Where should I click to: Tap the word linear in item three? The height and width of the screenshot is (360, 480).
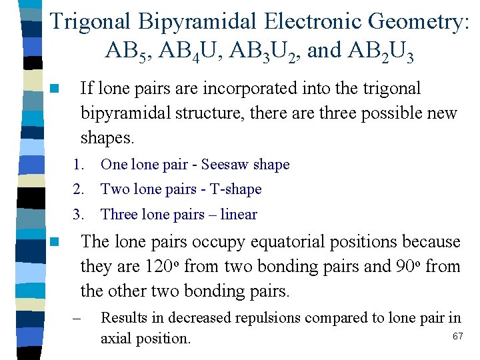point(239,215)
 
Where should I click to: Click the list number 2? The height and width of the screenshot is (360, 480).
point(79,189)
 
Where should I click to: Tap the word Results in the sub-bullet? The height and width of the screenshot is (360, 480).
point(123,319)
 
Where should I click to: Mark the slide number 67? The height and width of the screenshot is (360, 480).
point(457,337)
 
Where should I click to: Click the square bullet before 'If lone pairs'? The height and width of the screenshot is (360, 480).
point(54,88)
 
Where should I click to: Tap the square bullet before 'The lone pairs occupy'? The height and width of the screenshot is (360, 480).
point(54,241)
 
